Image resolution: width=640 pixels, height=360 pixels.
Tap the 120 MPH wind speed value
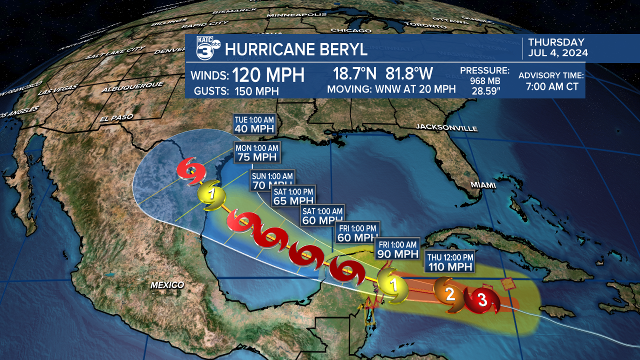[x=268, y=75]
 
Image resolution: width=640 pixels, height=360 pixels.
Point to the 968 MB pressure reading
[x=484, y=80]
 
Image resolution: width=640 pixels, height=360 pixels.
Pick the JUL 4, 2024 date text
[x=558, y=53]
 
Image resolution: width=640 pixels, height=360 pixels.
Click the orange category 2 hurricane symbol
[x=449, y=294]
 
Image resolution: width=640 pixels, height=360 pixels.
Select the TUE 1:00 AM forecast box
[x=254, y=123]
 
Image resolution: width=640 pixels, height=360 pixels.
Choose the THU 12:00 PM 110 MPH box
[x=449, y=261]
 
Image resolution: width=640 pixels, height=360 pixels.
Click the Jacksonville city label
[x=446, y=128]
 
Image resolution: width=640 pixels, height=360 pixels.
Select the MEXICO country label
[x=167, y=285]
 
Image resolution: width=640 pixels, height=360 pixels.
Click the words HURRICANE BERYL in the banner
[x=296, y=49]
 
